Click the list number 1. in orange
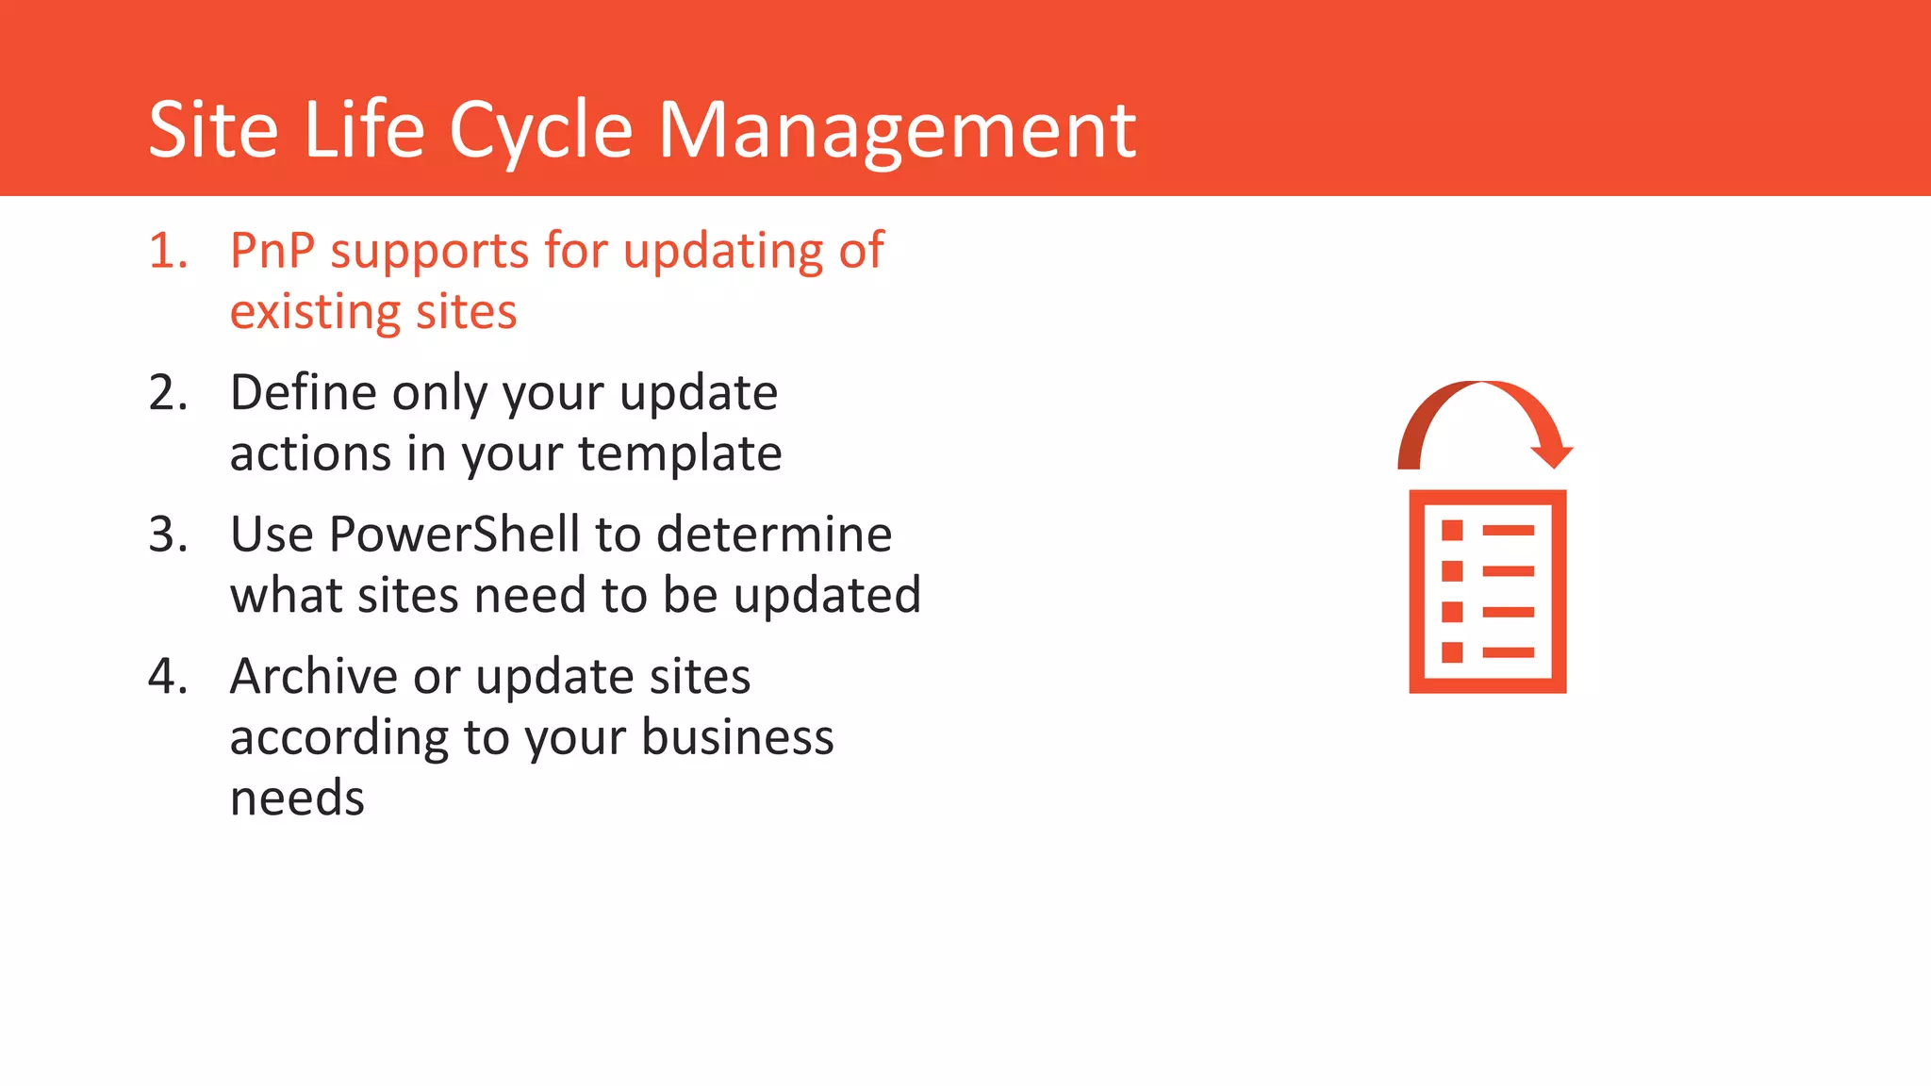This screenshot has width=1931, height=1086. coord(168,252)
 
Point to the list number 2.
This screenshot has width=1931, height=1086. coord(168,393)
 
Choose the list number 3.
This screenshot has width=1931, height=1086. coord(168,535)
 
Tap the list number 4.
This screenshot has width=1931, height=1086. coord(168,677)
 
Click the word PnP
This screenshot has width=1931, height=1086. coord(272,252)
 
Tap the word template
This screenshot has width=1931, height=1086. coord(679,454)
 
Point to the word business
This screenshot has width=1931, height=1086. coord(737,737)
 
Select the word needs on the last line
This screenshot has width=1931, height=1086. coord(297,799)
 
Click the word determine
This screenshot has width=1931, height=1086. coord(773,535)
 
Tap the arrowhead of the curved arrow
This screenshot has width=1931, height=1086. coord(1551,452)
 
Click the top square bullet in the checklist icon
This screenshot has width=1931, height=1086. coord(1452,531)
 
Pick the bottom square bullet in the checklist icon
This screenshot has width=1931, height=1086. coord(1452,652)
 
